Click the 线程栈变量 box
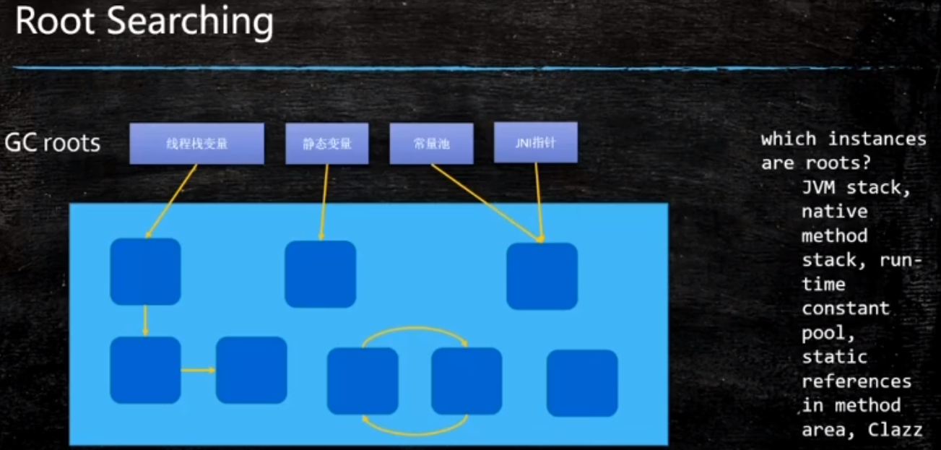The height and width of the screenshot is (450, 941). [196, 143]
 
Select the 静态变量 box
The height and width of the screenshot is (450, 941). [327, 143]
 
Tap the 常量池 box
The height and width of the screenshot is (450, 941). [431, 143]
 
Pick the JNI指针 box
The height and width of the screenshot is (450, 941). [536, 142]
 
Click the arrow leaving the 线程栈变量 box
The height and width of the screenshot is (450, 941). [172, 200]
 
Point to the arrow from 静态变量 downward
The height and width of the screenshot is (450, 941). [324, 202]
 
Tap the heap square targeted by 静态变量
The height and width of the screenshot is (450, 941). [320, 274]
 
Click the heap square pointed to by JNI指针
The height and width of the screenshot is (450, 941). [542, 276]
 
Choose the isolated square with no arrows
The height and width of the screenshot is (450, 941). [582, 383]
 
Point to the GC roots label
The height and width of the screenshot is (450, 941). [52, 143]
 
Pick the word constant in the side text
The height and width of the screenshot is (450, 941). [845, 308]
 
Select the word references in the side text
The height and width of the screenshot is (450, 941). [856, 381]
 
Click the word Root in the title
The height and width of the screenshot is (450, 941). [55, 22]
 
